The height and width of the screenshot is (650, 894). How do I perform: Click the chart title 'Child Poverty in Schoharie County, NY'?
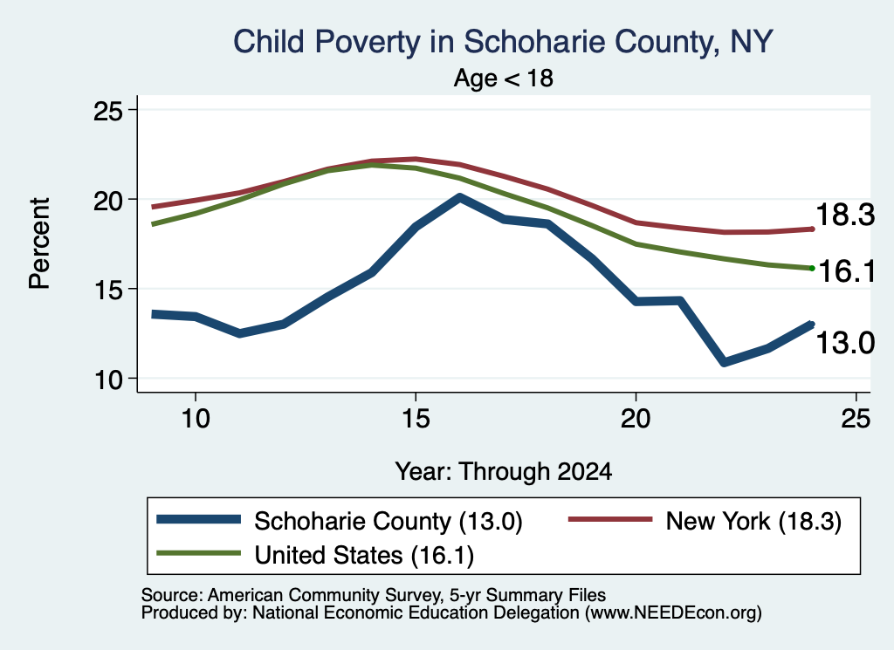pos(503,42)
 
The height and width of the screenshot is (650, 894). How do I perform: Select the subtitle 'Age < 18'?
pos(504,78)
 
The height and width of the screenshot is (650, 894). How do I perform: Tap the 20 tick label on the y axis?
pos(108,200)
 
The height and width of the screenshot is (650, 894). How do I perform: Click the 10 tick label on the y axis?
pos(108,380)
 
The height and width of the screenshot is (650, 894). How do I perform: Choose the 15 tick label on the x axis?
pos(416,419)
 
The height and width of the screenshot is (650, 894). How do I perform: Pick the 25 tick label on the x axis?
pos(856,419)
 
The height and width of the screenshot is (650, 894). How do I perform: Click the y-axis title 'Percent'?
pos(40,243)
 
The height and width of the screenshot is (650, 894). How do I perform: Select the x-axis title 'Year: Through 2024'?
pos(504,472)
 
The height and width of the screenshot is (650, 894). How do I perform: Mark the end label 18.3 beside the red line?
pos(845,216)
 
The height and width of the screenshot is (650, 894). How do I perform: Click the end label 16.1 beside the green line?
pos(847,270)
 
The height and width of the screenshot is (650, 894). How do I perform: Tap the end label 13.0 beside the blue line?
pos(845,343)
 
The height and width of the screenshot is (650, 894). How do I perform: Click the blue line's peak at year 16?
pos(459,198)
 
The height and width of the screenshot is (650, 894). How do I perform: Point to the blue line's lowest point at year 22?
pos(724,362)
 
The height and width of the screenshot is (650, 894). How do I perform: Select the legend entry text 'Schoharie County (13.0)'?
pos(389,521)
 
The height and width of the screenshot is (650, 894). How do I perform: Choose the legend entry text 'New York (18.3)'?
pos(753,521)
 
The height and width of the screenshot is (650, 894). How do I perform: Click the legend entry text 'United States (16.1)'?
pos(364,555)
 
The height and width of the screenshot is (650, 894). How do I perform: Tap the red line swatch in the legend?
pos(610,519)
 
